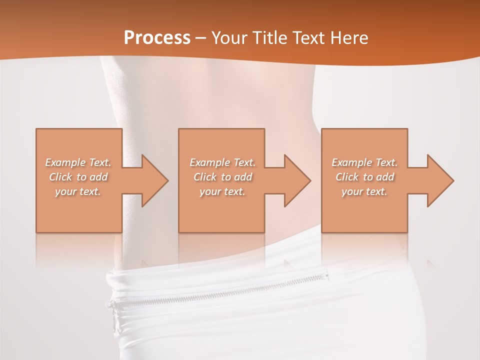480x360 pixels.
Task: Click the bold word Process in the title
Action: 157,38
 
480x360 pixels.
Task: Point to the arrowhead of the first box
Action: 152,180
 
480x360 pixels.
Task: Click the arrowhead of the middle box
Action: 295,180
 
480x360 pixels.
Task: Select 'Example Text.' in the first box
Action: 78,162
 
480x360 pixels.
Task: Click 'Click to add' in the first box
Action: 78,177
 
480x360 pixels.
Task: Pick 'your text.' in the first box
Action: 78,191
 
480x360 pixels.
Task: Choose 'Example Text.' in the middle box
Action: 222,162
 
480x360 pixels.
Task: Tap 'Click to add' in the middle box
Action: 222,177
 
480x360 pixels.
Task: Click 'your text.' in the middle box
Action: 222,191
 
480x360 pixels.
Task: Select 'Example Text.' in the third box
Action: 364,162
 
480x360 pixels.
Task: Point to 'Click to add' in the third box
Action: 364,177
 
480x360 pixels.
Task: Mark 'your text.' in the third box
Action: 364,191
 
